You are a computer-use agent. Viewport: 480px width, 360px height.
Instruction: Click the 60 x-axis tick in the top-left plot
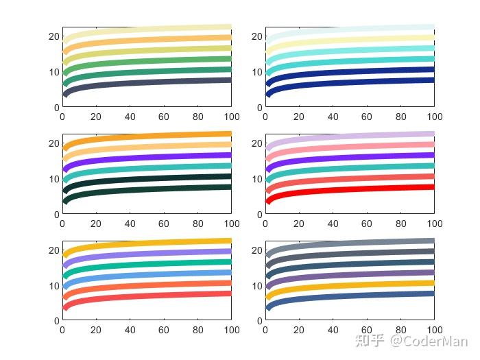[164, 117]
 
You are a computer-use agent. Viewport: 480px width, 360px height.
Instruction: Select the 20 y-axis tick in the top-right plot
[256, 36]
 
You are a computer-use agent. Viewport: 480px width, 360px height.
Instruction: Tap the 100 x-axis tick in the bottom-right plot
[434, 331]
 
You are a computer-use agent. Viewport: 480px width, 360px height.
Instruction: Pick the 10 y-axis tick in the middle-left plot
[53, 179]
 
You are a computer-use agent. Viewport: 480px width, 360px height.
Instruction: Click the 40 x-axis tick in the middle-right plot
[333, 224]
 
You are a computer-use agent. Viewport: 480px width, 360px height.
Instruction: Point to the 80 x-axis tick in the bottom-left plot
[197, 331]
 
